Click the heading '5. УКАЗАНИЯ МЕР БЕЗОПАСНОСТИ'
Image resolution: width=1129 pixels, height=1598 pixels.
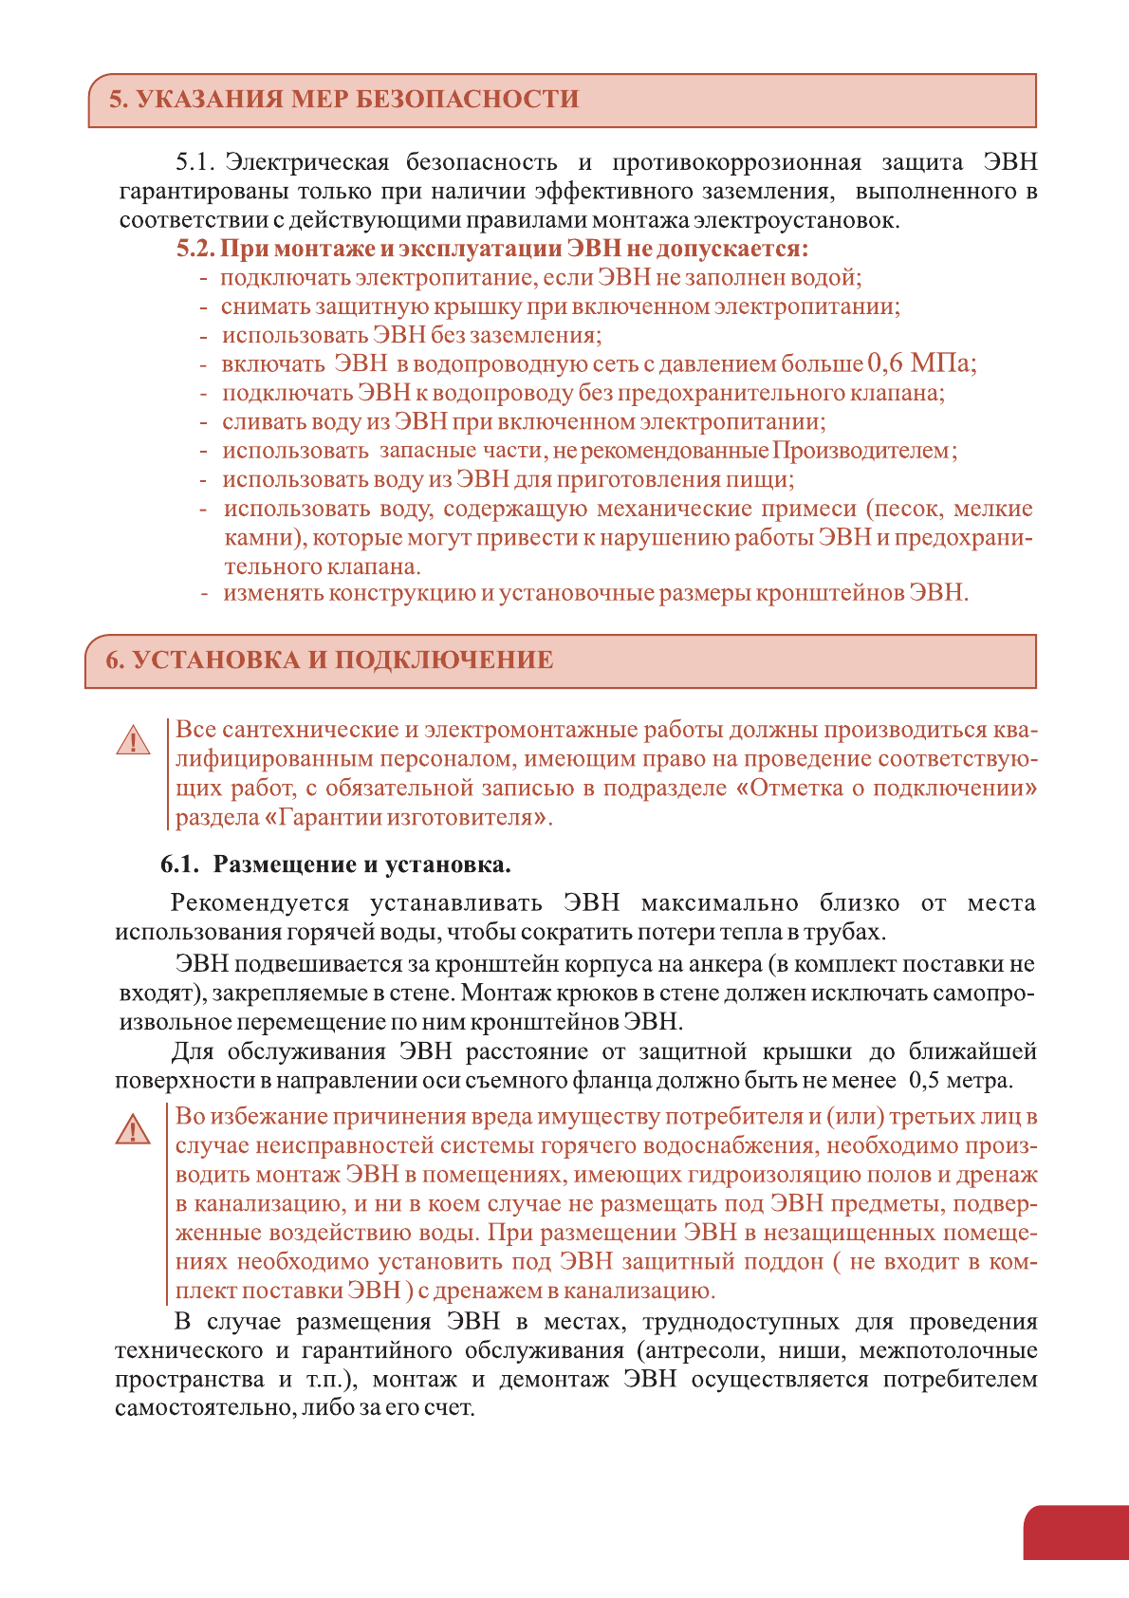tap(343, 100)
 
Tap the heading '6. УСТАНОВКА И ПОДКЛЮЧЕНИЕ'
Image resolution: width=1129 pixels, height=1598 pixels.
tap(329, 660)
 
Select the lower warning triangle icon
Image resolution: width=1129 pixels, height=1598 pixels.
tap(134, 1129)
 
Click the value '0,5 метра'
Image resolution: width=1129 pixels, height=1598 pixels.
tap(959, 1081)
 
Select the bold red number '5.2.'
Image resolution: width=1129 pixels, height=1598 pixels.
tap(196, 249)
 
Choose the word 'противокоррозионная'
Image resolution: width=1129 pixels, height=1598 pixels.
tap(736, 162)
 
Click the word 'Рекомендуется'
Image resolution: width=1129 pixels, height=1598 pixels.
tap(260, 903)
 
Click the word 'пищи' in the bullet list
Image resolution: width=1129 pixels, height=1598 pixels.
tap(766, 479)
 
